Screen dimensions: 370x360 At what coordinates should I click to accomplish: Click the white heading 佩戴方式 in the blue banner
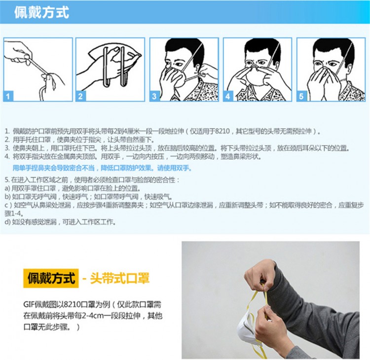[41, 12]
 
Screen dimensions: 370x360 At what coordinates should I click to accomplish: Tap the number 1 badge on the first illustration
[8, 96]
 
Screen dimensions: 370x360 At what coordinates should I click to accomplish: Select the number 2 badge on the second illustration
[80, 96]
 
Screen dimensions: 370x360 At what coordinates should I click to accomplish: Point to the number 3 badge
[154, 96]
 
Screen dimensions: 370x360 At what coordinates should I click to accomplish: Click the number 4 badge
[228, 96]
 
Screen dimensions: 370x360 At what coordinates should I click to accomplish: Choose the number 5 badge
[301, 96]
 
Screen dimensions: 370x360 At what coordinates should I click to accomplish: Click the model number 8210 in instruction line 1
[222, 131]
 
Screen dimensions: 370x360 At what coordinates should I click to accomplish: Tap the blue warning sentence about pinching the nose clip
[102, 168]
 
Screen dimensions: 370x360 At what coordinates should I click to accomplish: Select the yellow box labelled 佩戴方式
[51, 278]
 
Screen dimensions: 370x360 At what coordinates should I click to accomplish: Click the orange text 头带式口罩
[120, 278]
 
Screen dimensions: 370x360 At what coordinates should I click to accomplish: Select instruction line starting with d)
[60, 222]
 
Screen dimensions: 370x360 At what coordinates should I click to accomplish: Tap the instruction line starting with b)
[88, 196]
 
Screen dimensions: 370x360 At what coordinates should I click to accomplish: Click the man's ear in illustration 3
[197, 69]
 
